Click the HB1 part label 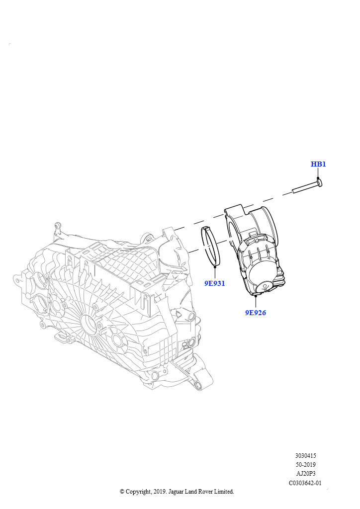click(318, 164)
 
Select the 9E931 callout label click(214, 283)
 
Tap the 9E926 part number click(255, 313)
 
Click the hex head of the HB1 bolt click(319, 182)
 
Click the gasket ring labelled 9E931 click(211, 246)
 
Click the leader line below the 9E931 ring click(214, 272)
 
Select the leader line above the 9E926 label click(256, 301)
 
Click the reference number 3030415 click(305, 455)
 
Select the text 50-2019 click(305, 464)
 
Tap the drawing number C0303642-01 click(305, 482)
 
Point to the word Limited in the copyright click(223, 492)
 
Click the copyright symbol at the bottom click(122, 492)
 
